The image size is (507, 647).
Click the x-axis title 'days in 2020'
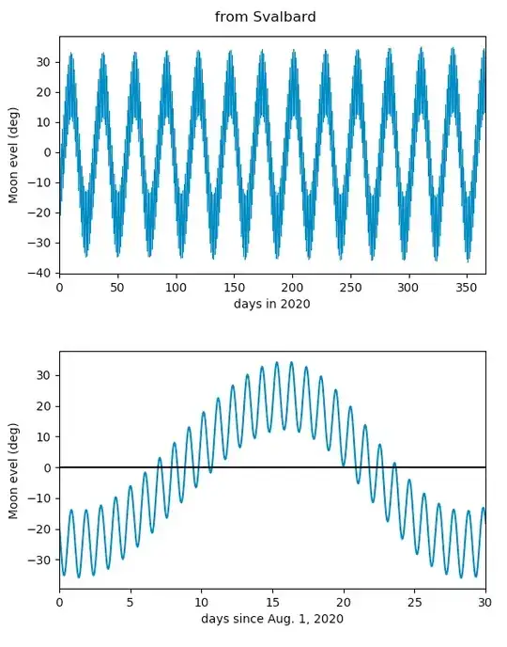[x=272, y=304]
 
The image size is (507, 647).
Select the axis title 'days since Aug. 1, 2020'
[x=272, y=619]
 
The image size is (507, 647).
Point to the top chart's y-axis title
[x=13, y=154]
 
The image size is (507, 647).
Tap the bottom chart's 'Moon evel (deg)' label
[x=13, y=469]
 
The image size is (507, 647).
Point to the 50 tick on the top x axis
[x=117, y=287]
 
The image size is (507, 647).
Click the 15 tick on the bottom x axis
[x=272, y=602]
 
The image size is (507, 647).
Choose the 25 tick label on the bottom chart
[x=414, y=602]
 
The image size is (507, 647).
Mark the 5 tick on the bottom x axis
[x=131, y=602]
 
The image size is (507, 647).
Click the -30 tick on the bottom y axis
[x=38, y=560]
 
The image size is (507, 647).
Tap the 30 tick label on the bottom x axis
[x=485, y=602]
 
